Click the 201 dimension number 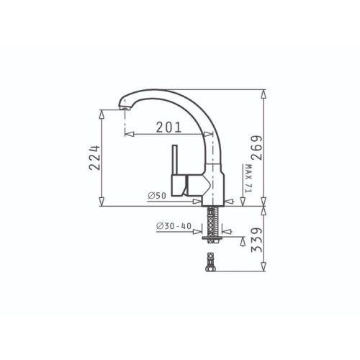click(168, 127)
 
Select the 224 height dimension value click(94, 158)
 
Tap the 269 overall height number click(256, 148)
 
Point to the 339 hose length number click(256, 240)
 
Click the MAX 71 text click(248, 179)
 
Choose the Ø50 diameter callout click(157, 196)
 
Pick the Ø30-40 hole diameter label click(174, 226)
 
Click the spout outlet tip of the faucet click(125, 108)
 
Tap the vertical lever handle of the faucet click(175, 160)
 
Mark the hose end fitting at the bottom click(211, 262)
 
